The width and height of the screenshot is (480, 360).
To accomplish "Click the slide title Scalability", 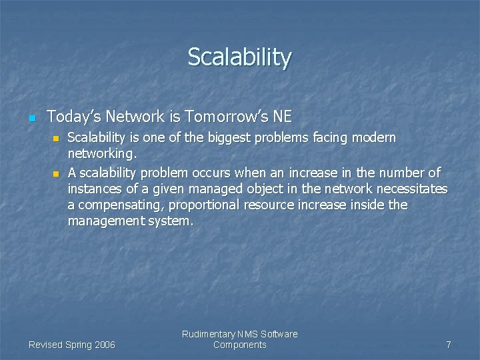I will click(239, 57).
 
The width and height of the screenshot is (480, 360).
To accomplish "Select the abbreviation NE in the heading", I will click(282, 117).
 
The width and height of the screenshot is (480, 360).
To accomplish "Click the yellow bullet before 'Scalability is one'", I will click(56, 139).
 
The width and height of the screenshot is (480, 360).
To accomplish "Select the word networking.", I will click(101, 155).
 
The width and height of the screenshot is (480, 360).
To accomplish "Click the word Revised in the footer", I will click(45, 345).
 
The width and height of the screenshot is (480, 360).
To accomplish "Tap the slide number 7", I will click(449, 345).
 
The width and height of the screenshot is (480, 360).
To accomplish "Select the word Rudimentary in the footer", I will click(207, 334).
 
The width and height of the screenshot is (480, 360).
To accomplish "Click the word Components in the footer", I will click(239, 345).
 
